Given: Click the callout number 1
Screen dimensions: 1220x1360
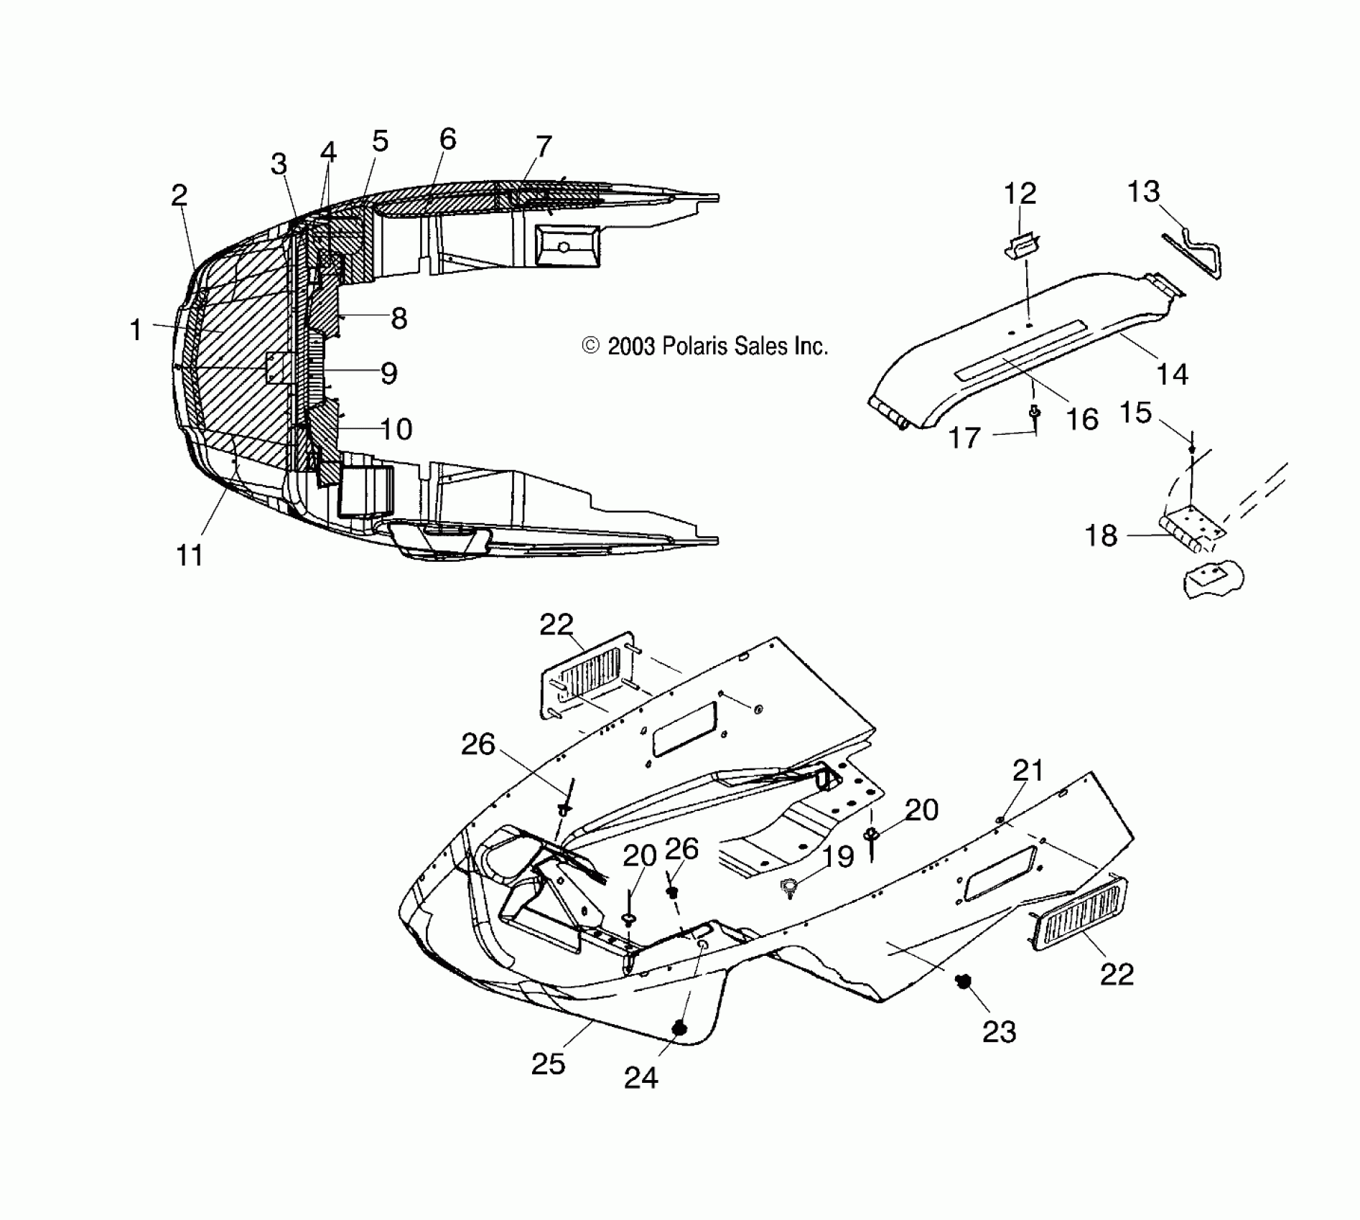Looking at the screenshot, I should coord(135,330).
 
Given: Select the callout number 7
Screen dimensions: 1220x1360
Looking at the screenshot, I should coord(544,146).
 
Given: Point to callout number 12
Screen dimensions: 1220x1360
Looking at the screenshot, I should coord(1020,194).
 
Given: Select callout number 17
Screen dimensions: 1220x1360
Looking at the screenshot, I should coord(964,437).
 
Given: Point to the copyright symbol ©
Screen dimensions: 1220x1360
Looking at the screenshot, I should coord(590,347).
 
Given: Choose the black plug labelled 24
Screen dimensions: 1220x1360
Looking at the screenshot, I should coord(679,1029).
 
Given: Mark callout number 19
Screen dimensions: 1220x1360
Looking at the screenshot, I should coord(837,856).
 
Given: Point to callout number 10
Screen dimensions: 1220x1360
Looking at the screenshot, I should coord(396,429).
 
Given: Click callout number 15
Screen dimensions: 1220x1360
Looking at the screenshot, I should coord(1135,413).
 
